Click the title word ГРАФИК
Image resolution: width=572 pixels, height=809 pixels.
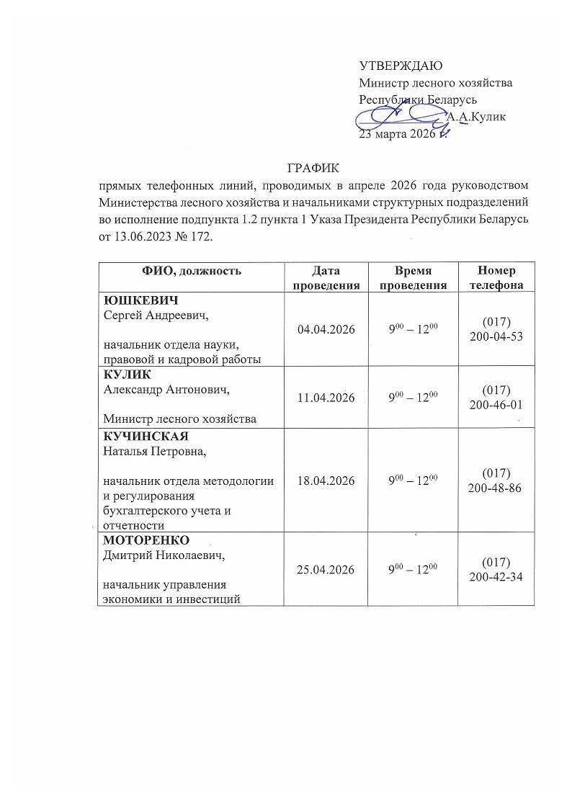tap(312, 169)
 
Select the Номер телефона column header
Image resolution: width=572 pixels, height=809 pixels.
tap(497, 277)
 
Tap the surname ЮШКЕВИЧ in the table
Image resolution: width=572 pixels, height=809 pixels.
tap(140, 300)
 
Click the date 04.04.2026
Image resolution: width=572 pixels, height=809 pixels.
tap(326, 329)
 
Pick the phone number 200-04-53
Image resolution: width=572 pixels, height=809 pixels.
tap(497, 337)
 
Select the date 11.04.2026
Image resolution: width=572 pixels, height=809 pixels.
tap(326, 397)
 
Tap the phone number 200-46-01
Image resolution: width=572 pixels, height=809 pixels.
tap(497, 406)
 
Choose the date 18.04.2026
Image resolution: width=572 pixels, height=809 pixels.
tap(326, 481)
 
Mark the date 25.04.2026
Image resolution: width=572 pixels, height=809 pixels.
tap(326, 569)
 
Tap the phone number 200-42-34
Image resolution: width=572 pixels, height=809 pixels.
tap(497, 577)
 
